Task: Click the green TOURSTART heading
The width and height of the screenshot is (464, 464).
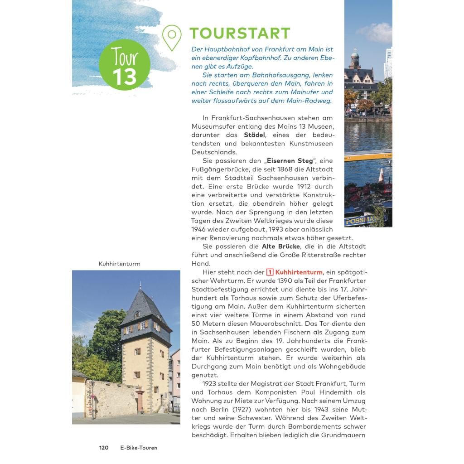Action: [240, 33]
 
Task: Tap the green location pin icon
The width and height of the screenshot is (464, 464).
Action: [172, 37]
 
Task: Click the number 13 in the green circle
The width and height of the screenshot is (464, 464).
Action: [124, 76]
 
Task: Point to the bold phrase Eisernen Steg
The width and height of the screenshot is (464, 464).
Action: [290, 161]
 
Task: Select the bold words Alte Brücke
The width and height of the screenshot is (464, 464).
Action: [281, 246]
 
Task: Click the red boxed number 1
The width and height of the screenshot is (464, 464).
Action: [270, 272]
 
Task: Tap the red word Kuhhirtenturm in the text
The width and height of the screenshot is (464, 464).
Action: [299, 272]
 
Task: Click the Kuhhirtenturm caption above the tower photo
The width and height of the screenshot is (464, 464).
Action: [119, 264]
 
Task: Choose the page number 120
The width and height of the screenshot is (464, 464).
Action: [104, 448]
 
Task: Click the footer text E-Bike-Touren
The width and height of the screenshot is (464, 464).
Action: [139, 448]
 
